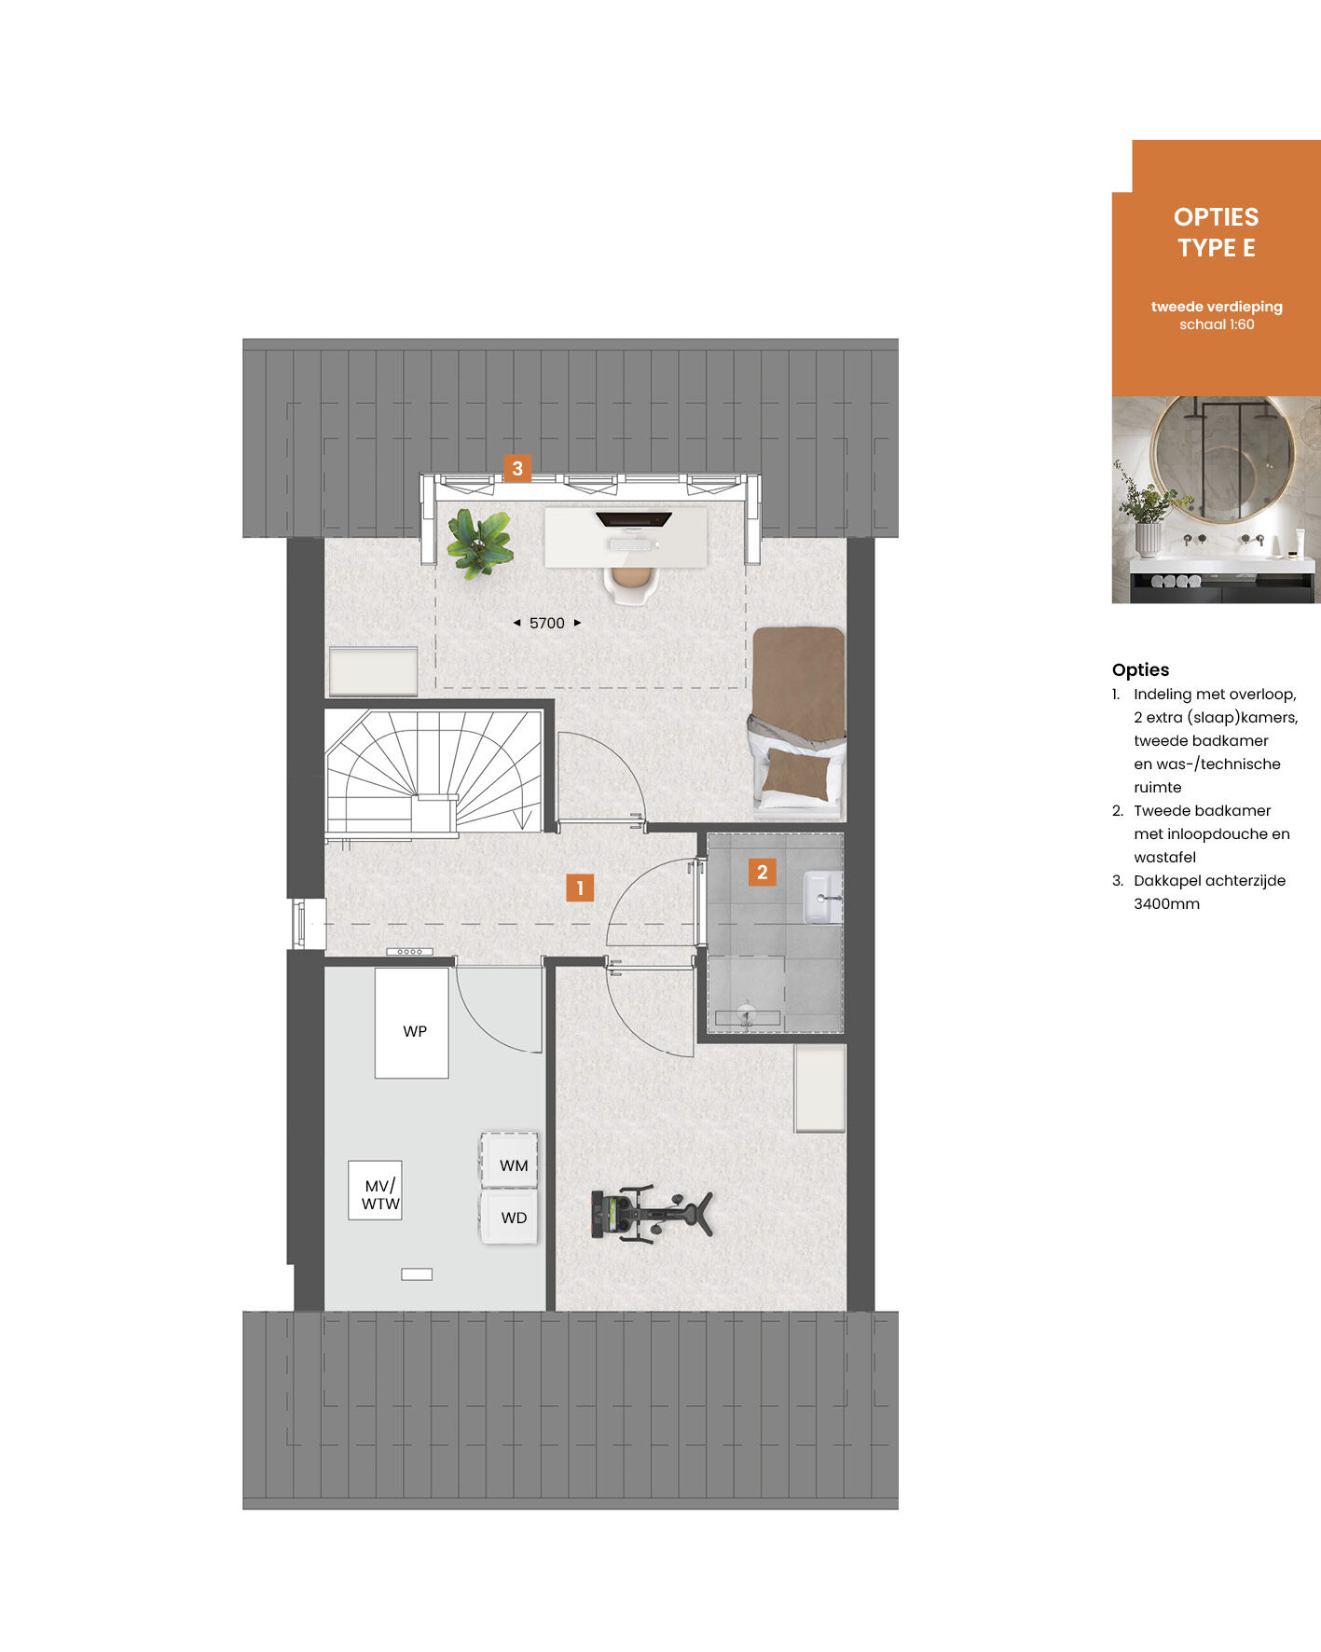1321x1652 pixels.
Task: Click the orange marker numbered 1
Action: tap(580, 888)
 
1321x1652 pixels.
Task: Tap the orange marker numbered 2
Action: tap(763, 872)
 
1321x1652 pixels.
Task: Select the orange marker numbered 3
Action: tap(517, 468)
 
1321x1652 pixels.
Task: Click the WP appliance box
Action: tap(412, 1023)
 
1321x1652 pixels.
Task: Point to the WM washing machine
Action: tap(510, 1160)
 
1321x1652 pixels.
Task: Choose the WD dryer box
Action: tap(510, 1217)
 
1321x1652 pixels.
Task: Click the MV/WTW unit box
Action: tap(375, 1190)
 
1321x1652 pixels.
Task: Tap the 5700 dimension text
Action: tap(547, 623)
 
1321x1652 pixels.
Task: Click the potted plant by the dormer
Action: tap(479, 543)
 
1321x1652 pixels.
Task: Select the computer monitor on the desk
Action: tap(634, 519)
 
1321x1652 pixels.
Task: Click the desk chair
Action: tap(631, 584)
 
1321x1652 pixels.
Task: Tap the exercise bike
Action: tap(651, 1213)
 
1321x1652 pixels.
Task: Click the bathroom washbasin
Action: tap(823, 897)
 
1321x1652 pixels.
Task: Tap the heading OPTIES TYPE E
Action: tap(1217, 232)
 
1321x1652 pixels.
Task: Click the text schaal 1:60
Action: tap(1217, 324)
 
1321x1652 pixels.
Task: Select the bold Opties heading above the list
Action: tap(1140, 669)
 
